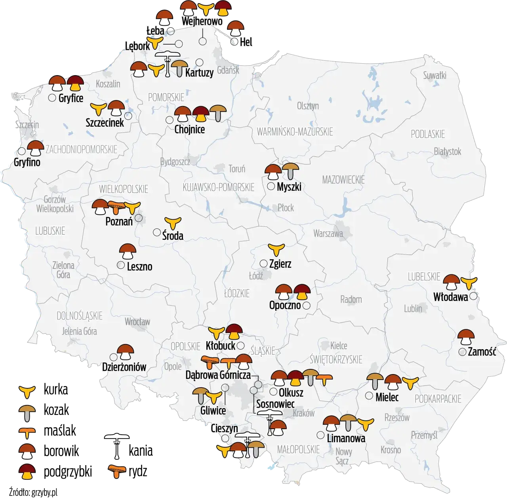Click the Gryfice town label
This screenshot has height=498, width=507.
[71, 98]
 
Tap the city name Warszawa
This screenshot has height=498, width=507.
[328, 233]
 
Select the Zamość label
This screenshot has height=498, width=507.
[482, 352]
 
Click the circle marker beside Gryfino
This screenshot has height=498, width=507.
[21, 151]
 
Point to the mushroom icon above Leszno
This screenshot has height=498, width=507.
[128, 251]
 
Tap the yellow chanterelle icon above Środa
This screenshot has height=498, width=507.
[173, 222]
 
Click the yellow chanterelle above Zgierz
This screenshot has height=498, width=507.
[276, 249]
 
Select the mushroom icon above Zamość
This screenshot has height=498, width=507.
[466, 337]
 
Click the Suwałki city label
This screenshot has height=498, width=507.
[435, 75]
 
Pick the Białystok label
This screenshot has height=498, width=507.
[448, 151]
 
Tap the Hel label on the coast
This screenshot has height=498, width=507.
[246, 42]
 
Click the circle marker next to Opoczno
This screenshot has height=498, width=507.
[306, 305]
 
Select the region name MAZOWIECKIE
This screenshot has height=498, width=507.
[343, 180]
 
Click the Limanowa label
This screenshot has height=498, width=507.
[346, 438]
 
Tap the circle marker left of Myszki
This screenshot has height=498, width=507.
[271, 186]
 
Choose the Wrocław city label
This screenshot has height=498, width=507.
[137, 321]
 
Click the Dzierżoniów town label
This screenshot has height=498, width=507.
[124, 367]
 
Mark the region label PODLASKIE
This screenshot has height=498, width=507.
[428, 134]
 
